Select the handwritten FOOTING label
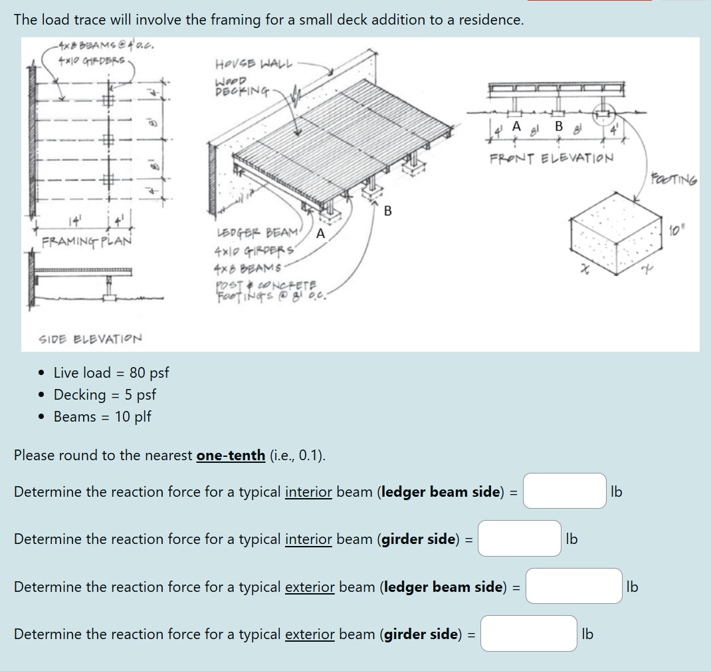tap(674, 179)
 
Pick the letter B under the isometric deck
tap(387, 211)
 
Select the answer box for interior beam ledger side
tap(564, 491)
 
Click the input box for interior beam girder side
tap(519, 538)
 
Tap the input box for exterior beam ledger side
tap(573, 586)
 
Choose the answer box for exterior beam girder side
tap(529, 633)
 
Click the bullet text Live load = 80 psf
tap(110, 372)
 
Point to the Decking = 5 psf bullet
tap(104, 394)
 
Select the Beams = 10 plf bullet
tap(102, 416)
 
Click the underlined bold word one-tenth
tap(230, 456)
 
